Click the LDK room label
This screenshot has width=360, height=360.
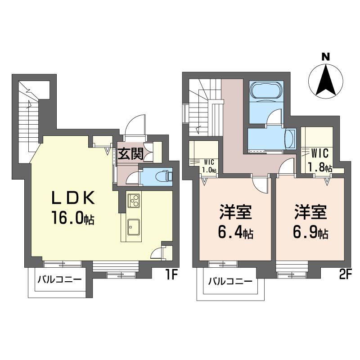[x=73, y=198]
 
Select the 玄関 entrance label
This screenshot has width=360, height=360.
[x=130, y=153]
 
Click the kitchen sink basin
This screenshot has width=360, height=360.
[x=134, y=227]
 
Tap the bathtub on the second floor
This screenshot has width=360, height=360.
[x=266, y=90]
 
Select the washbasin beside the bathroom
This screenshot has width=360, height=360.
[x=290, y=139]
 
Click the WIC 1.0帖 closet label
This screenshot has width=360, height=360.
[x=209, y=166]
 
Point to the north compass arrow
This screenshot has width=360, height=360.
[x=325, y=81]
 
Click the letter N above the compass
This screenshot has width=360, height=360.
[x=325, y=57]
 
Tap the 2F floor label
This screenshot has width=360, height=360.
[x=345, y=274]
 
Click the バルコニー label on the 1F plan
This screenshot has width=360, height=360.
[x=60, y=279]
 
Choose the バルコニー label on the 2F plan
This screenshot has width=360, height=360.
[x=230, y=281]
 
